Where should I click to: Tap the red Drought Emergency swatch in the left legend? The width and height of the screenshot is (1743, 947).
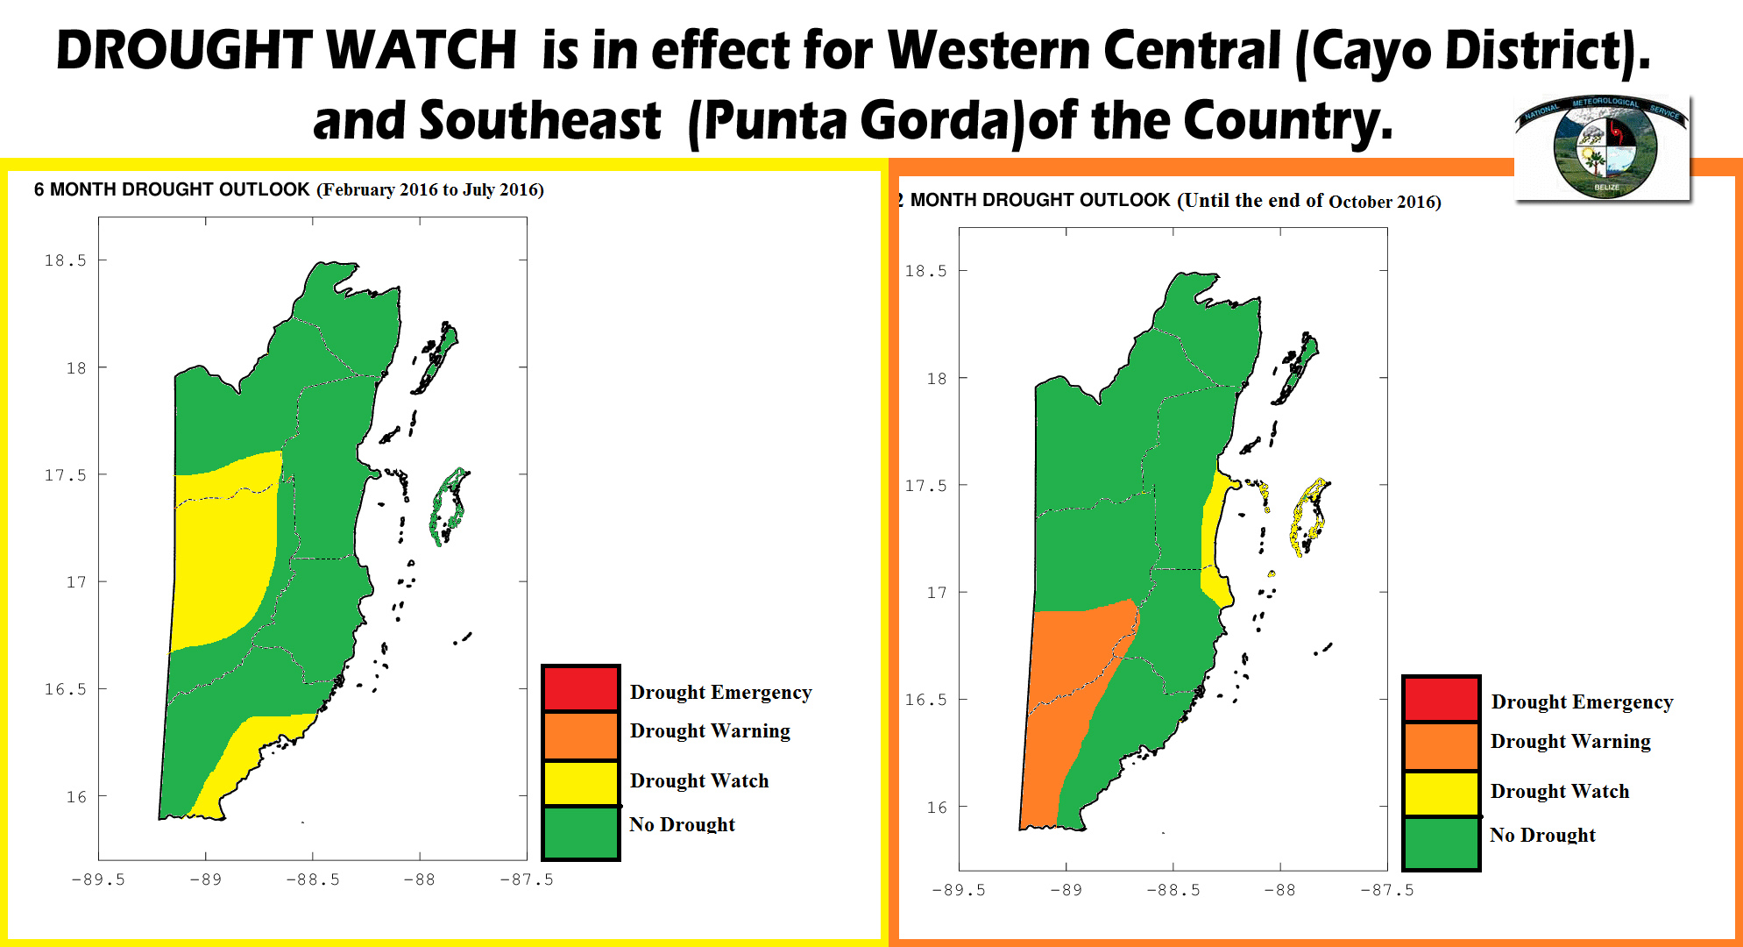[x=580, y=688]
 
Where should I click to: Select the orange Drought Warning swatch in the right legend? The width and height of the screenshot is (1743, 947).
[x=1442, y=746]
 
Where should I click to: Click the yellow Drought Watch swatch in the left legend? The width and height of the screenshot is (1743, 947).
[x=580, y=783]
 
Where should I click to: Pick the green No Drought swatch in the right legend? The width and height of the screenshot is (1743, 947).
[x=1442, y=843]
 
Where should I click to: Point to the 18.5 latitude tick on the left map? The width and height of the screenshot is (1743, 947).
[x=66, y=260]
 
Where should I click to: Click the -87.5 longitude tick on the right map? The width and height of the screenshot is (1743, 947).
[x=1387, y=890]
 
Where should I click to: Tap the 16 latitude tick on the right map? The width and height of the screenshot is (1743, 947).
[x=937, y=808]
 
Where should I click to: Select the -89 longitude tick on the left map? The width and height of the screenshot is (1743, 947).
[x=206, y=879]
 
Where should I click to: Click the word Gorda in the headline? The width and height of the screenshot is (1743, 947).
[x=934, y=120]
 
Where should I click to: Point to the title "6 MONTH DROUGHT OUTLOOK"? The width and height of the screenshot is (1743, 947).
[x=172, y=189]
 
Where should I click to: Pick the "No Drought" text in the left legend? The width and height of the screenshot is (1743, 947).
[x=683, y=824]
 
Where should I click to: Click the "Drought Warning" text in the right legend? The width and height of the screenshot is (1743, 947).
[x=1570, y=742]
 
